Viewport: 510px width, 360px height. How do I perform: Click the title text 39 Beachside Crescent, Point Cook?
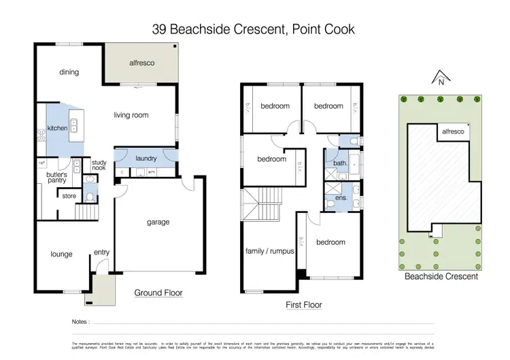[x=254, y=29]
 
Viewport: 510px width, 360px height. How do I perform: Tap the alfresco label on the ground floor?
[x=143, y=62]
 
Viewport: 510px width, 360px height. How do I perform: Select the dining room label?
[x=69, y=72]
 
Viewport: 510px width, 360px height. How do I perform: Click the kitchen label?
[x=57, y=128]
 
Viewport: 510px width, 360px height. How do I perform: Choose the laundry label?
[x=146, y=159]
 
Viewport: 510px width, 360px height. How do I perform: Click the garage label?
[x=158, y=222]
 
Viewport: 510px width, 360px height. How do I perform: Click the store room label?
[x=69, y=197]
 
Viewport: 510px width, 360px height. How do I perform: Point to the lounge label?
[x=61, y=254]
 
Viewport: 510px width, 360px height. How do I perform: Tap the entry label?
[x=101, y=252]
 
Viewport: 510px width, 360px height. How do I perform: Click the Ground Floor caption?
[x=158, y=293]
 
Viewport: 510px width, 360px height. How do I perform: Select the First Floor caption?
[x=303, y=305]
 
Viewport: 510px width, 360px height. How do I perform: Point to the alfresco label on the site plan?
[x=452, y=132]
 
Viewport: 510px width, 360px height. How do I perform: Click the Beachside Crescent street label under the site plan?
[x=441, y=276]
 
